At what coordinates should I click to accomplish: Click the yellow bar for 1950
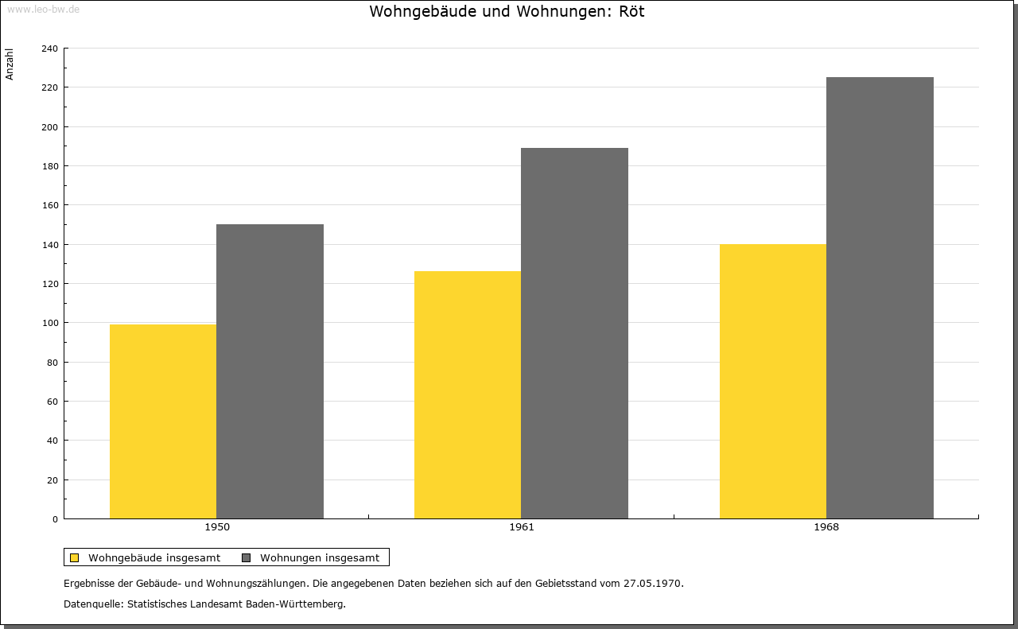tap(163, 421)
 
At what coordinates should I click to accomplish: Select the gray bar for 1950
tap(270, 371)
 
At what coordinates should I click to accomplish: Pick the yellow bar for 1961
tap(468, 395)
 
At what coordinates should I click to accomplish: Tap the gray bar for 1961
tap(574, 333)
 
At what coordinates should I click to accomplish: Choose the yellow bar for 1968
tap(773, 382)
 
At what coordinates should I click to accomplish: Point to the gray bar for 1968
tap(880, 297)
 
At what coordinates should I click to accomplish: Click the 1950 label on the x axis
tap(217, 527)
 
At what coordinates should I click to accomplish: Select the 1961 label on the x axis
tap(522, 527)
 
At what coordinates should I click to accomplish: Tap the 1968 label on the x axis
tap(826, 527)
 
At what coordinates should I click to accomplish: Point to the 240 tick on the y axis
tap(49, 49)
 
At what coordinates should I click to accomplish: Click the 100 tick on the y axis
tap(49, 323)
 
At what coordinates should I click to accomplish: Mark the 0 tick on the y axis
tap(56, 519)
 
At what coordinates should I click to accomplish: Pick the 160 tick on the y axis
tap(49, 205)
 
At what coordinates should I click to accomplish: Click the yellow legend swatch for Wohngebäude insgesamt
tap(74, 557)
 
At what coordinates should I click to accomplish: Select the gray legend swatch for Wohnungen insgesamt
tap(246, 557)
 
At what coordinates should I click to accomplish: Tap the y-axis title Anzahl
tap(10, 64)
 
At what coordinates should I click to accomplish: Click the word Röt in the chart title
tap(631, 11)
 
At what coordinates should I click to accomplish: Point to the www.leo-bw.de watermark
tap(43, 9)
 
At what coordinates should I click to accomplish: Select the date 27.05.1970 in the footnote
tap(653, 583)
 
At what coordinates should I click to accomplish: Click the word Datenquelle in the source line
tap(93, 604)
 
